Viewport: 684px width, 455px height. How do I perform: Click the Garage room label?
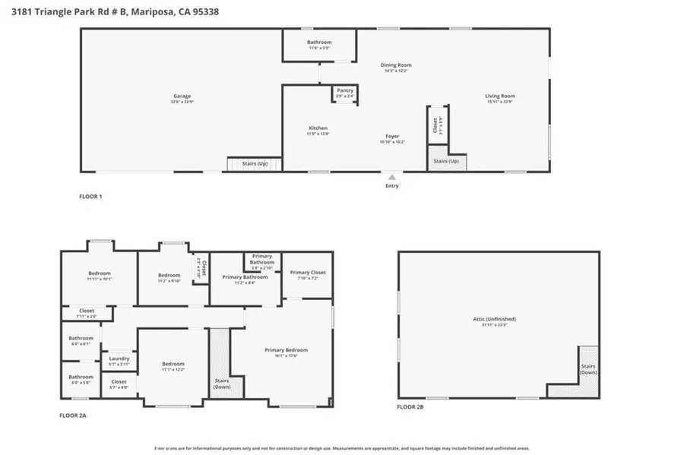pyautogui.click(x=182, y=96)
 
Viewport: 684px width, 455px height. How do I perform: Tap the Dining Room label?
pyautogui.click(x=395, y=66)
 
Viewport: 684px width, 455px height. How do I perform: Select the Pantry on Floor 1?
pyautogui.click(x=345, y=90)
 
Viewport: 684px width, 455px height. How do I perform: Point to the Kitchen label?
pyautogui.click(x=318, y=128)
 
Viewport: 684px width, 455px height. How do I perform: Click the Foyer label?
pyautogui.click(x=392, y=137)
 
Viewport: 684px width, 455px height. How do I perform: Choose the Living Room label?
pyautogui.click(x=500, y=96)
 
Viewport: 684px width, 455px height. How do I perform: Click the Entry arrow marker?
pyautogui.click(x=392, y=177)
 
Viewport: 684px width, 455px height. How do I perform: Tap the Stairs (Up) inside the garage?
pyautogui.click(x=255, y=163)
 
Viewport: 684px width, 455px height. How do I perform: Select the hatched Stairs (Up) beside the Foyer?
pyautogui.click(x=446, y=162)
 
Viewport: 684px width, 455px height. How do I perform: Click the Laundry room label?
pyautogui.click(x=119, y=359)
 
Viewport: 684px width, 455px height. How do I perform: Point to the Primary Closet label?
pyautogui.click(x=308, y=273)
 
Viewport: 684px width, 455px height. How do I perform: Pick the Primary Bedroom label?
pyautogui.click(x=286, y=350)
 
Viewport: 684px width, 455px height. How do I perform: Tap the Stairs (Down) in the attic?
pyautogui.click(x=588, y=368)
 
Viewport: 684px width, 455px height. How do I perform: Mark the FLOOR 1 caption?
pyautogui.click(x=90, y=197)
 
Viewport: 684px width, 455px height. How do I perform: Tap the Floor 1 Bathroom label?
pyautogui.click(x=319, y=43)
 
